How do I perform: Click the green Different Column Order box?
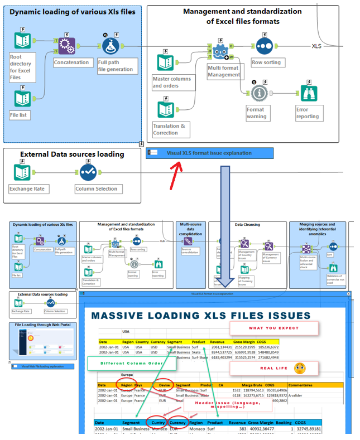(131, 364)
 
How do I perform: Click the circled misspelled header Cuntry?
(158, 423)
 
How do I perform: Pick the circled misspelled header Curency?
(178, 423)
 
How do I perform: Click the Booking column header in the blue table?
(284, 423)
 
